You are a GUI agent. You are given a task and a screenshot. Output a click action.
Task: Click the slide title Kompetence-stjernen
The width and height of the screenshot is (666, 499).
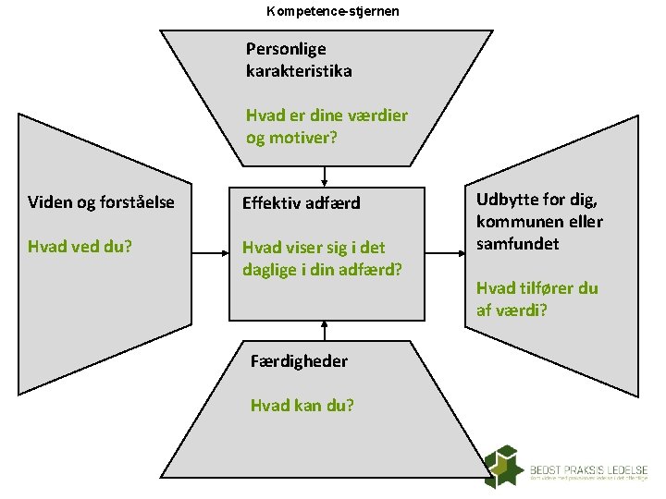pyautogui.click(x=333, y=12)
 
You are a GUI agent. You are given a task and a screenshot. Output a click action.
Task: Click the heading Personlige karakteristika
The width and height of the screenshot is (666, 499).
pyautogui.click(x=299, y=59)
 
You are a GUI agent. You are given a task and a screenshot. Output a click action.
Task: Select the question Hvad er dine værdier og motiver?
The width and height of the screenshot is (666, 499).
pyautogui.click(x=327, y=127)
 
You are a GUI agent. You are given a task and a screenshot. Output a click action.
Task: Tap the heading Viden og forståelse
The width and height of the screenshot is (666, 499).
pyautogui.click(x=102, y=202)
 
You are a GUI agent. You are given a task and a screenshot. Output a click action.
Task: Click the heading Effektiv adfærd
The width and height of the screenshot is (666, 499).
pyautogui.click(x=301, y=203)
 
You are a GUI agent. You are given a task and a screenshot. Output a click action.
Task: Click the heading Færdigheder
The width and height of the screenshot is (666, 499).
pyautogui.click(x=299, y=361)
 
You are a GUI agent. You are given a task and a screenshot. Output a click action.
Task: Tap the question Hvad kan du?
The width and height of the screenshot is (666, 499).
pyautogui.click(x=302, y=405)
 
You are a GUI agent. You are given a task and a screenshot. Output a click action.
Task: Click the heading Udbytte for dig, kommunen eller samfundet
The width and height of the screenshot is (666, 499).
pyautogui.click(x=538, y=222)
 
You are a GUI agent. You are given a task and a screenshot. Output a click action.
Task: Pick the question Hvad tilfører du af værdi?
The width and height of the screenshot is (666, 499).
pyautogui.click(x=536, y=298)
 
